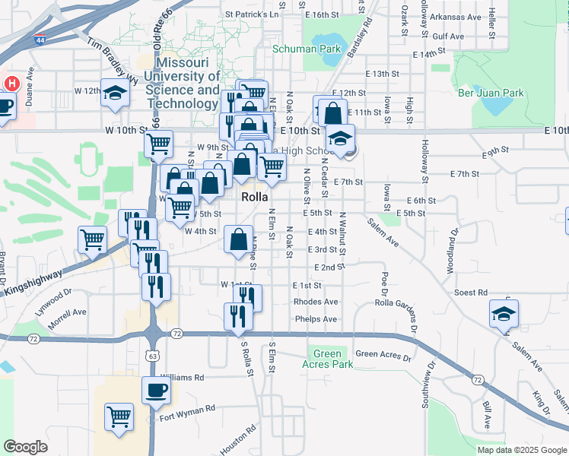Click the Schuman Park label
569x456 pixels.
(x=307, y=49)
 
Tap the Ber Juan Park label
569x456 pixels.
(x=491, y=93)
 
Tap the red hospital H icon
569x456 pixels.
(x=13, y=83)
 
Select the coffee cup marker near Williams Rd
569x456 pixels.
(x=156, y=390)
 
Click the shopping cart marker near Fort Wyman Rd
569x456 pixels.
(x=119, y=416)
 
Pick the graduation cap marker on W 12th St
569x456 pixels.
(x=116, y=93)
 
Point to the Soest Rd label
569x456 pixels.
(x=470, y=293)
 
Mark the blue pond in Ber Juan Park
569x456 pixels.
(x=498, y=106)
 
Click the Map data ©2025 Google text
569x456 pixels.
(x=521, y=450)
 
